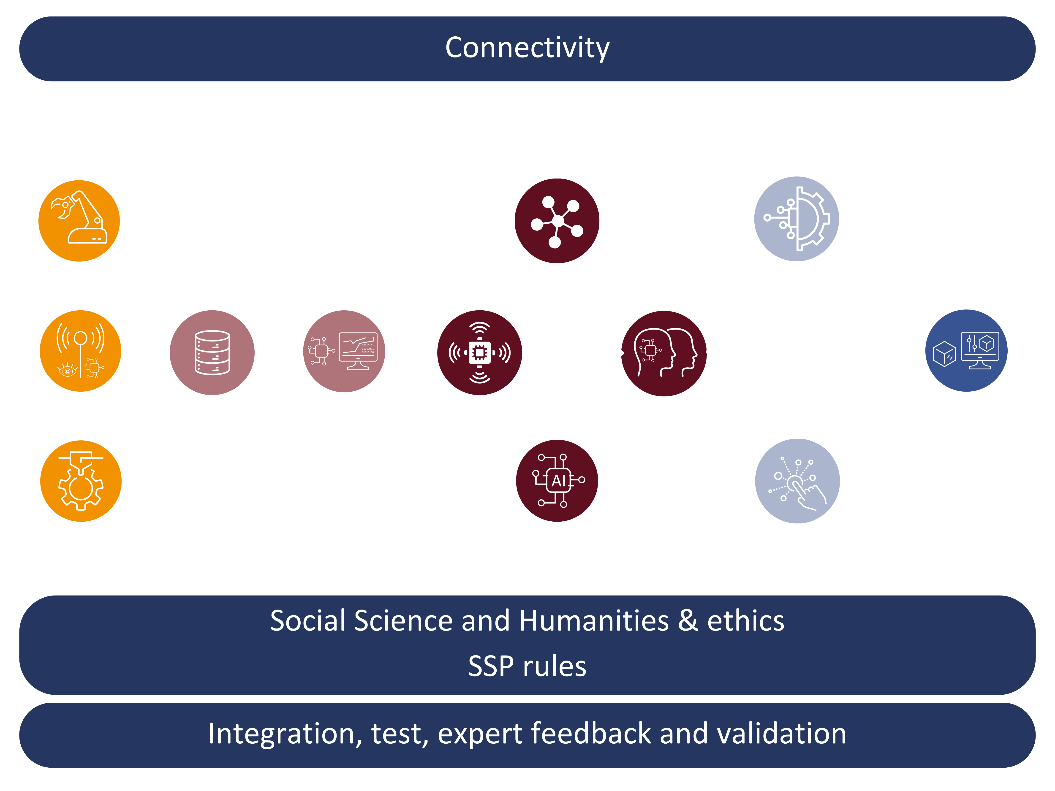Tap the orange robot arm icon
79,221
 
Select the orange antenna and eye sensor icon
80,351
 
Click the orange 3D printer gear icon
81,481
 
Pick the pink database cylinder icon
212,353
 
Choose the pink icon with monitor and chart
344,351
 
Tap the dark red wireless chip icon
480,353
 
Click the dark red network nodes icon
557,221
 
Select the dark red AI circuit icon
557,481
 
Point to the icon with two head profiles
664,353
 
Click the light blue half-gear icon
797,219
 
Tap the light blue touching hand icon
797,481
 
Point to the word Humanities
594,621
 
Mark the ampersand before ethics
688,621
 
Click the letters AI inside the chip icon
558,481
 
